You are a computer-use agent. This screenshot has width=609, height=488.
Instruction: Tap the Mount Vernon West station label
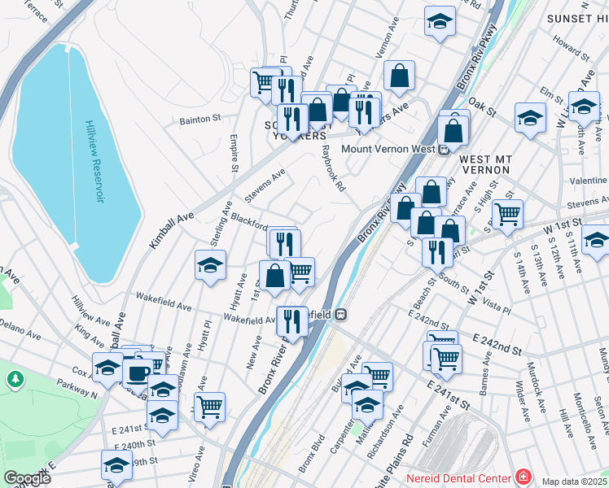[389, 149]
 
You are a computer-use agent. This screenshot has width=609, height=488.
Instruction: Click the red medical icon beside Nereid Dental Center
[523, 477]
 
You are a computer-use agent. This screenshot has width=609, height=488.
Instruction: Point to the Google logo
[27, 479]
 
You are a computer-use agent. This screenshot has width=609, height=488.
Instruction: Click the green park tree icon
[15, 380]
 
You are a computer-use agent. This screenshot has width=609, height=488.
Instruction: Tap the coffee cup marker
[138, 372]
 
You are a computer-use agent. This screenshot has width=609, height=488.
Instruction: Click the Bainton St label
[200, 119]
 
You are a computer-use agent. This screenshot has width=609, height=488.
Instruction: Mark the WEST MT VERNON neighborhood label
[484, 164]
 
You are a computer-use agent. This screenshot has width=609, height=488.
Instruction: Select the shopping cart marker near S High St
[507, 214]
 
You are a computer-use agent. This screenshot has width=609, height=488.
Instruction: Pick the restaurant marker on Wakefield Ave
[291, 320]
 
